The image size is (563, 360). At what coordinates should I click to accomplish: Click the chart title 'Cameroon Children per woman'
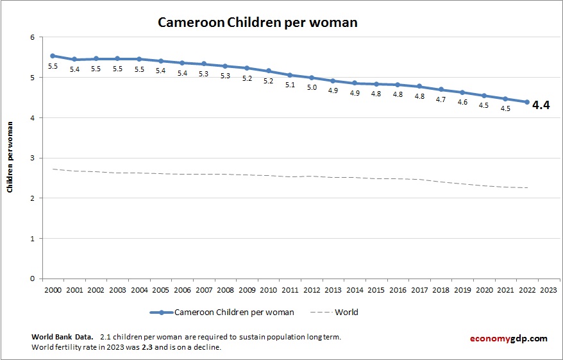[258, 22]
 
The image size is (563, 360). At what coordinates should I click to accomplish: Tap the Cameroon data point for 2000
[53, 56]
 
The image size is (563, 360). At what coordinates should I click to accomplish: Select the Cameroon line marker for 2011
[290, 75]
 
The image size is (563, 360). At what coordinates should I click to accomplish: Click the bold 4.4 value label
[542, 105]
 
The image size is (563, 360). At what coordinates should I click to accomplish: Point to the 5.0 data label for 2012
[312, 87]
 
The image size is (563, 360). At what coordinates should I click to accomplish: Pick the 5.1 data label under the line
[290, 85]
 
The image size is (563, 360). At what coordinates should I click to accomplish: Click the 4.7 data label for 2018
[441, 99]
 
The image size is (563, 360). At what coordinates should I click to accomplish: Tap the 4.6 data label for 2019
[462, 102]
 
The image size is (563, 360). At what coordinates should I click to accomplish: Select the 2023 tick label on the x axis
[548, 289]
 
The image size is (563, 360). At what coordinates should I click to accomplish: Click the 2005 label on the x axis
[160, 289]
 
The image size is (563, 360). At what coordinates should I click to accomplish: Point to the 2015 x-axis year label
[376, 289]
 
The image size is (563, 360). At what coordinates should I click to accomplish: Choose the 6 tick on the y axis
[31, 37]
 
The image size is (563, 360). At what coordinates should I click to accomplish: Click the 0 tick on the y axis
[31, 279]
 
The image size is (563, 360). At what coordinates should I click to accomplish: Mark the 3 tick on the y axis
[31, 158]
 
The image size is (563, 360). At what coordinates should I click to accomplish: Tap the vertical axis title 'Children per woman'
[10, 158]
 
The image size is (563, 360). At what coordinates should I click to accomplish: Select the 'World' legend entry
[346, 313]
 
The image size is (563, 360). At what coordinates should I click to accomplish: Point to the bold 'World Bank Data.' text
[62, 337]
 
